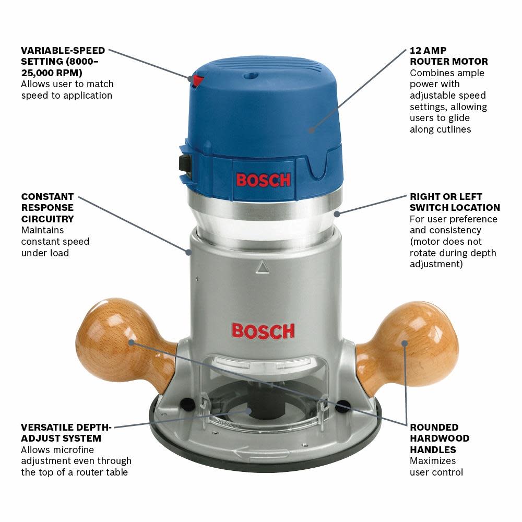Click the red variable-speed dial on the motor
click(197, 81)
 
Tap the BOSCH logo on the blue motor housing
click(263, 180)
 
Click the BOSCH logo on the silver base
click(263, 330)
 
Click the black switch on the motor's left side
click(184, 163)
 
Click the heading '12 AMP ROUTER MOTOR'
click(448, 56)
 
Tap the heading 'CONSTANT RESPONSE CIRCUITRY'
click(48, 208)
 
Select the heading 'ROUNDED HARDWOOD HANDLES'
click(439, 438)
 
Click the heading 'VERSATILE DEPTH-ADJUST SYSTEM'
click(66, 432)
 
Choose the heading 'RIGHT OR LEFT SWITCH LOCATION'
click(455, 202)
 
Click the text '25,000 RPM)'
click(52, 73)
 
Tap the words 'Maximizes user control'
click(436, 467)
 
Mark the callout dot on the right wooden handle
click(405, 343)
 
